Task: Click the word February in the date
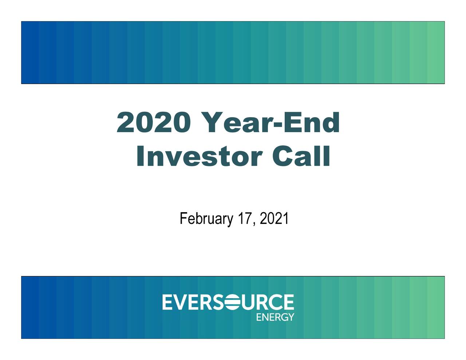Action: pos(206,219)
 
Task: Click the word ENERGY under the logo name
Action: pos(275,317)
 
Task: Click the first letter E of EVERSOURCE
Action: pos(168,302)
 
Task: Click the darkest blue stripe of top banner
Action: pos(30,52)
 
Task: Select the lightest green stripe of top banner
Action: pos(436,52)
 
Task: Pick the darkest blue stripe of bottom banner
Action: pos(30,307)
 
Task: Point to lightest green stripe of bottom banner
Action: pos(436,307)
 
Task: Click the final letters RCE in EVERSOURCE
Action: pos(279,302)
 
